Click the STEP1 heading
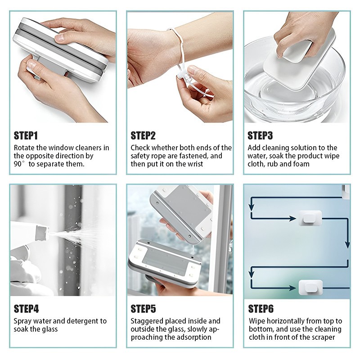pos(26,135)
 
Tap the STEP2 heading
pos(143,135)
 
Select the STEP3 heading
pos(260,135)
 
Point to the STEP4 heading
pos(26,309)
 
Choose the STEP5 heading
pos(143,309)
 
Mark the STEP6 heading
pos(261,309)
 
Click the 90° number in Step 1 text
pos(19,164)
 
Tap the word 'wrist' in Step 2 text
pos(195,164)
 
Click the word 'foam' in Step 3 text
pos(301,164)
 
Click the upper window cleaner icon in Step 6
pos(310,218)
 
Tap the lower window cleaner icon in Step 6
pos(310,288)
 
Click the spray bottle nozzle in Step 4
pos(42,233)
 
